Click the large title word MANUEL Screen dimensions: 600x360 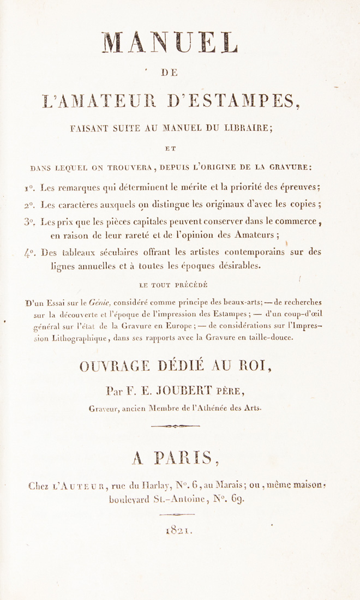(179, 42)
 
